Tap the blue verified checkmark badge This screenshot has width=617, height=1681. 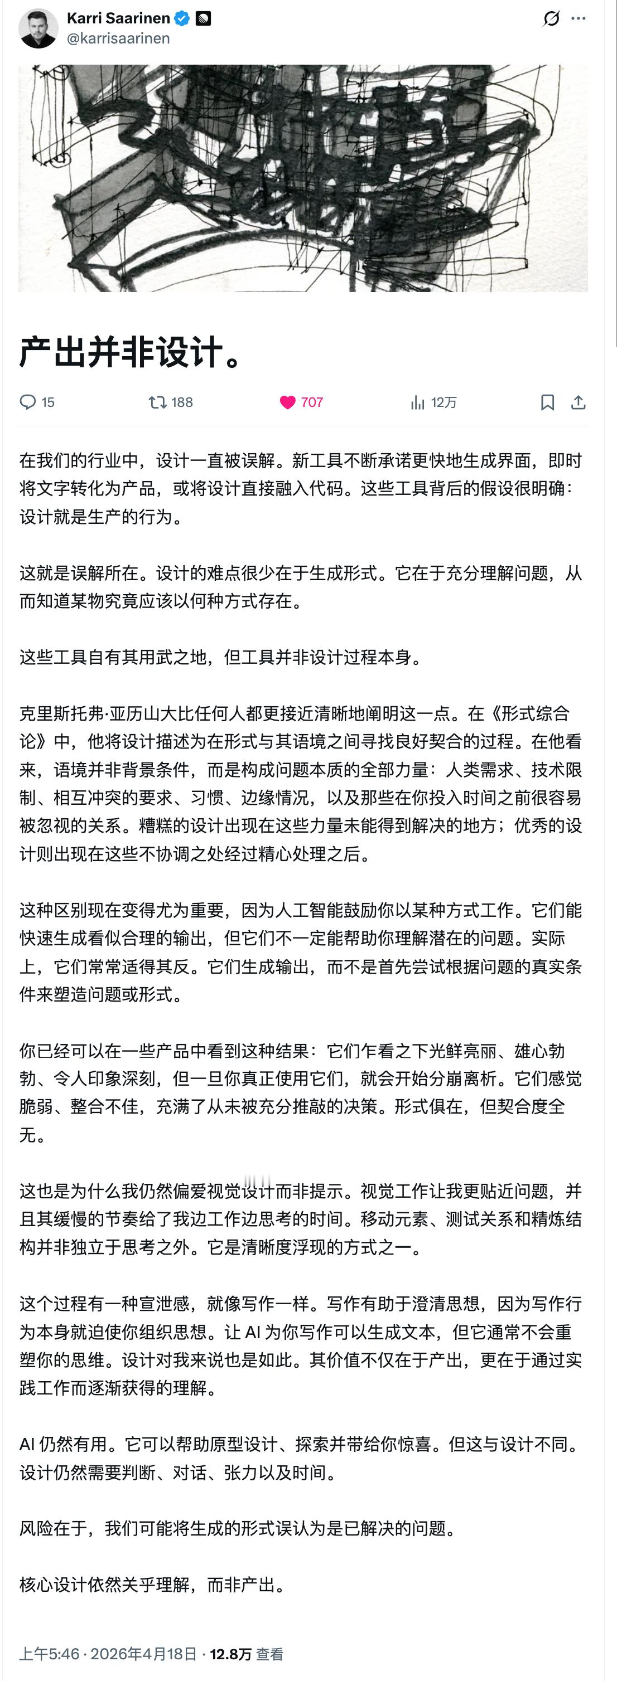(182, 19)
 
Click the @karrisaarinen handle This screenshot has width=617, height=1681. (118, 38)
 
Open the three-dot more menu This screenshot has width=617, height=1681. (578, 18)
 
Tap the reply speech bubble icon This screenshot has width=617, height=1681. (27, 402)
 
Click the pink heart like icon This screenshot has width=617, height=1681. (287, 402)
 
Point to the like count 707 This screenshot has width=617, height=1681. (312, 402)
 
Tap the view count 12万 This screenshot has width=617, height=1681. (444, 402)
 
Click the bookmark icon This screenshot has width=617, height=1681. (547, 402)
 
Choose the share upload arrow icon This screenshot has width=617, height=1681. (578, 402)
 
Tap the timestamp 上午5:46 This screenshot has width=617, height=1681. (49, 1654)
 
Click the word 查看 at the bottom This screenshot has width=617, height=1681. (269, 1654)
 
